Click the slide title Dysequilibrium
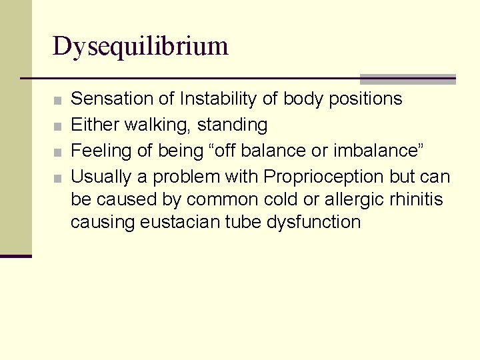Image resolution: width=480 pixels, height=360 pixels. click(141, 47)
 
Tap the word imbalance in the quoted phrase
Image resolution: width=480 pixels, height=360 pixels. click(382, 151)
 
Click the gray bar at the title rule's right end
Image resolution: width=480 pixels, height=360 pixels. click(407, 79)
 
